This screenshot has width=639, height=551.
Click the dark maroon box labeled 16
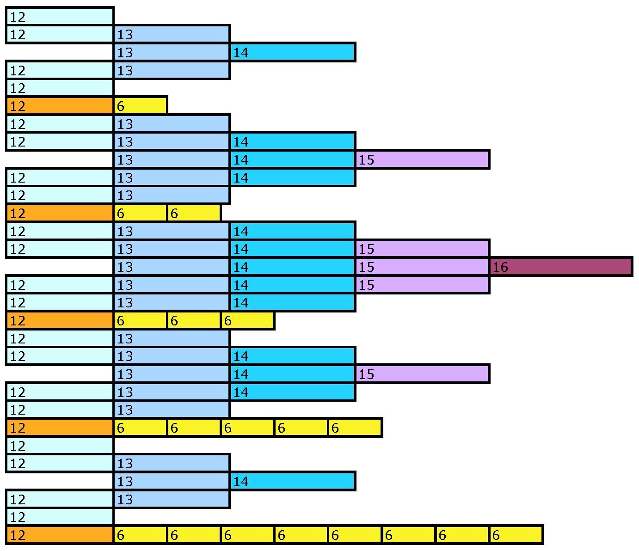coord(560,267)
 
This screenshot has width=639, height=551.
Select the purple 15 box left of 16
coord(422,267)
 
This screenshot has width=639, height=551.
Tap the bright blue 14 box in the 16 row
coord(292,267)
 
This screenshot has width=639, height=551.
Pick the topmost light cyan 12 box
coord(60,17)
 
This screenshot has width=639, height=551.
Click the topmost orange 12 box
coord(60,106)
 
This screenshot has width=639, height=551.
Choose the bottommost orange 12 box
coord(60,535)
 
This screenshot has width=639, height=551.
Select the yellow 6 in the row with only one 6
coord(140,106)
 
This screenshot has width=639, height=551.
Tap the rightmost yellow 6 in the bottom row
coord(516,535)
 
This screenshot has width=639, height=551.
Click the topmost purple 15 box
coord(422,159)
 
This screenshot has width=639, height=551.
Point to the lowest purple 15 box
coord(422,374)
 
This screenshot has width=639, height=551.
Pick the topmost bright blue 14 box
coord(292,52)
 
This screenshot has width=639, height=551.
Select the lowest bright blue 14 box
coord(292,481)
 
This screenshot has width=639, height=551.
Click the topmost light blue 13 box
coord(172,34)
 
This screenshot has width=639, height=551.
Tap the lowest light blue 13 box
coord(172,499)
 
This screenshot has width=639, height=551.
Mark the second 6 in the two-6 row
coord(194,213)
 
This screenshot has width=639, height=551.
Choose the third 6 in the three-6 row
coord(247,320)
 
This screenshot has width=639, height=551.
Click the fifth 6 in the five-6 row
coord(355,428)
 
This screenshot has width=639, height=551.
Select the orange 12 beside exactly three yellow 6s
coord(60,320)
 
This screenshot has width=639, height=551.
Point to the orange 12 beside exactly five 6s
coord(60,428)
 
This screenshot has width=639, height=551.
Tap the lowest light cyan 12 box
coord(60,517)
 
